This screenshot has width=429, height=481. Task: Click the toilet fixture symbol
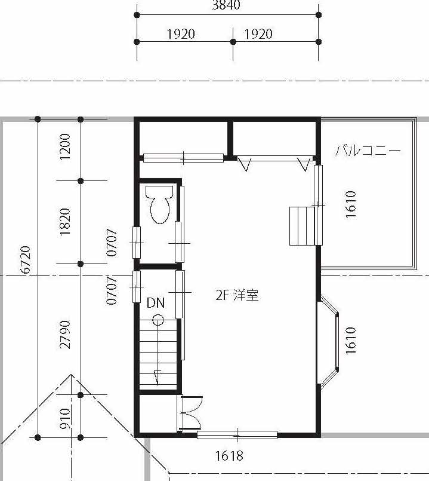tap(160, 204)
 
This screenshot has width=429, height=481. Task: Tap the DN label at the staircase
tap(156, 303)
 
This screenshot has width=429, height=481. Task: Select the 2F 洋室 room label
tap(237, 295)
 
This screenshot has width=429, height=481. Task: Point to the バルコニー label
tap(368, 151)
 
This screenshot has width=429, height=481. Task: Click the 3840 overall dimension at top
tap(226, 5)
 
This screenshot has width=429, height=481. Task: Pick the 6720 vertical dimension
tap(26, 259)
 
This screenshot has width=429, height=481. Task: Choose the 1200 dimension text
tap(65, 146)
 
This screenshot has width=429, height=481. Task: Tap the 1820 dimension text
tap(65, 222)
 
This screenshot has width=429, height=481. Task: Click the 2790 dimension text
tap(65, 335)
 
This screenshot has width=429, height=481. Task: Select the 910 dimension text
tap(65, 418)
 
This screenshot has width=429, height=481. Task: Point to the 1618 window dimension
tap(229, 456)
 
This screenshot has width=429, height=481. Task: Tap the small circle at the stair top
tap(158, 320)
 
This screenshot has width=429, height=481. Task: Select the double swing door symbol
tap(190, 413)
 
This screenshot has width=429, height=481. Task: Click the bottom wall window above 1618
tap(237, 434)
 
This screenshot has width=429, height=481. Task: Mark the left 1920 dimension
tap(181, 34)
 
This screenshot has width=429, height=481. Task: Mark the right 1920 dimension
tap(258, 34)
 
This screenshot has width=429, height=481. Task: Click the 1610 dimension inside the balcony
tap(351, 204)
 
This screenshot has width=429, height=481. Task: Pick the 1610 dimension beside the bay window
tap(351, 341)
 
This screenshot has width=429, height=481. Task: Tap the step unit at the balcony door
tap(302, 226)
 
